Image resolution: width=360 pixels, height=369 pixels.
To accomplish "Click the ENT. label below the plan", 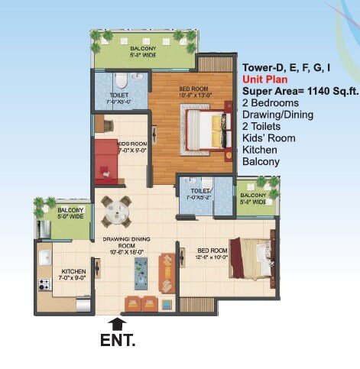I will click(x=118, y=340).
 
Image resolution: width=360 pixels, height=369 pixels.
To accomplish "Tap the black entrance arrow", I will click(x=118, y=324).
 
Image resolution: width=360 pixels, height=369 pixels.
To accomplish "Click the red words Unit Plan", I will click(x=266, y=79).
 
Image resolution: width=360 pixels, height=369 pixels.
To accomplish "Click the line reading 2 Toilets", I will click(x=262, y=127).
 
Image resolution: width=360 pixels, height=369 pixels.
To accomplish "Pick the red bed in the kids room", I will click(x=106, y=157).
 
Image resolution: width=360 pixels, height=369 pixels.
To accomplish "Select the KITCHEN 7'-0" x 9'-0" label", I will click(x=73, y=274).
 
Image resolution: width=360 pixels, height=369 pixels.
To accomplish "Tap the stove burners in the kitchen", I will click(x=42, y=287).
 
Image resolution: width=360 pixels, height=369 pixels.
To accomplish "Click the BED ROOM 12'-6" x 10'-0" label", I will click(x=212, y=253).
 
